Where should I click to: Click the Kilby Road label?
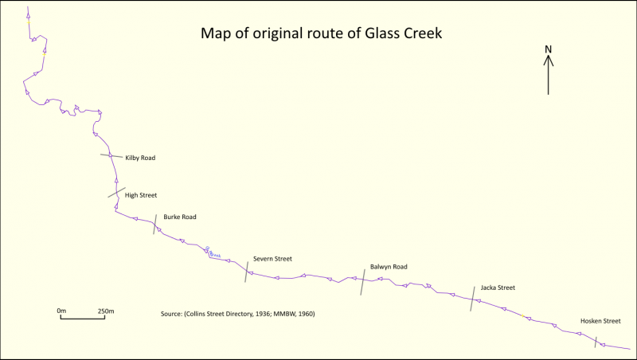(140, 158)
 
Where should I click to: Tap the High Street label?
(141, 194)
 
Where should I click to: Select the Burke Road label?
(180, 217)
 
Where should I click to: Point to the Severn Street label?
(273, 259)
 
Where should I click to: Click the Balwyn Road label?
(389, 267)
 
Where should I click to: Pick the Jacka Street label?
(498, 288)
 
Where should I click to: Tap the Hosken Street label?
(600, 321)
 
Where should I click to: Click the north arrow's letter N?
(549, 49)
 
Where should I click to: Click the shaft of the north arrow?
(549, 78)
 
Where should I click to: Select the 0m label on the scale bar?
(61, 310)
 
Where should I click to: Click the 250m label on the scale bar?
(106, 310)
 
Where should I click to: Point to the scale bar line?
(84, 318)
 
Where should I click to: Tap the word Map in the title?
(215, 34)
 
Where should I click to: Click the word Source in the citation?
(173, 314)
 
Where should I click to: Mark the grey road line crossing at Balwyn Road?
(362, 282)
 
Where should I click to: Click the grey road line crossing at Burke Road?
(154, 224)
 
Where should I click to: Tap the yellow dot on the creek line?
(522, 316)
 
